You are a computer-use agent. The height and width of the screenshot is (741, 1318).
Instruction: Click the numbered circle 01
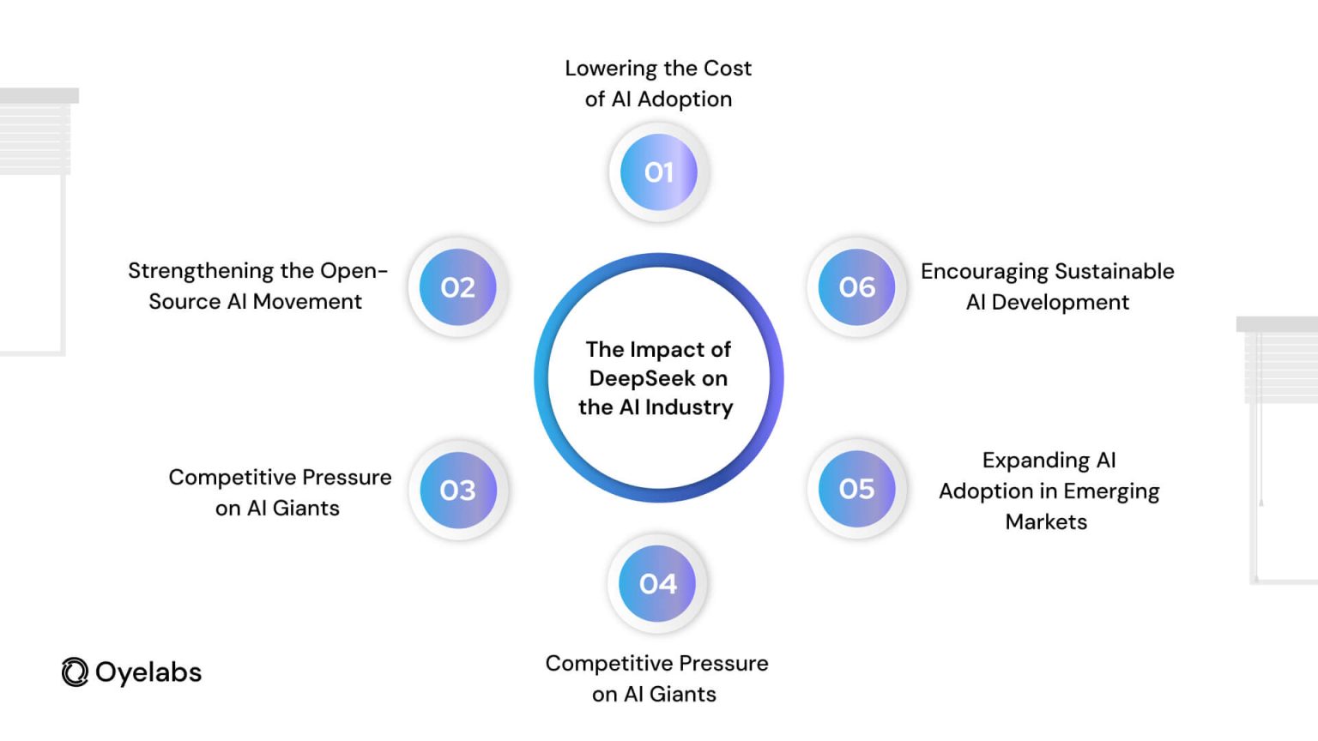point(658,172)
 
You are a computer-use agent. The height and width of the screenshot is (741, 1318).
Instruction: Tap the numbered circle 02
point(457,287)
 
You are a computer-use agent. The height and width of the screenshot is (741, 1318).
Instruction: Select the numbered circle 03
point(457,490)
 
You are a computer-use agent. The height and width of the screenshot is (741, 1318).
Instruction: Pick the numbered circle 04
point(657,583)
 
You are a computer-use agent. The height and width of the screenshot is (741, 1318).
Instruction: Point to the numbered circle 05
point(856,489)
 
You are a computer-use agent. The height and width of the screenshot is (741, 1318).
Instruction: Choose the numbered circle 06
point(856,287)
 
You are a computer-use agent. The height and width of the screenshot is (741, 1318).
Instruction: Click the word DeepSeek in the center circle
point(642,379)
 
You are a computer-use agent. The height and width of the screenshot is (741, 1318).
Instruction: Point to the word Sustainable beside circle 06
point(1115,271)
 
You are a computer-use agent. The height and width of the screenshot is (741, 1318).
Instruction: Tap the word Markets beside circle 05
point(1046,521)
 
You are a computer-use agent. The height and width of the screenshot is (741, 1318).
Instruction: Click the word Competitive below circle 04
point(608,664)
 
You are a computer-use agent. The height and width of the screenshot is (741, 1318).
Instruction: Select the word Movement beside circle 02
point(307,302)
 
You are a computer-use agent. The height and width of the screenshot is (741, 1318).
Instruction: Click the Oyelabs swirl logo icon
point(75,672)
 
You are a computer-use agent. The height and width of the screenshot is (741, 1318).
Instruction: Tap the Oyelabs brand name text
point(148,672)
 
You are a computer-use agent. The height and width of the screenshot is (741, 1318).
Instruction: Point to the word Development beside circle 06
point(1061,303)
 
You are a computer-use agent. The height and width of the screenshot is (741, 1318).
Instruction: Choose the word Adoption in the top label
point(685,100)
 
